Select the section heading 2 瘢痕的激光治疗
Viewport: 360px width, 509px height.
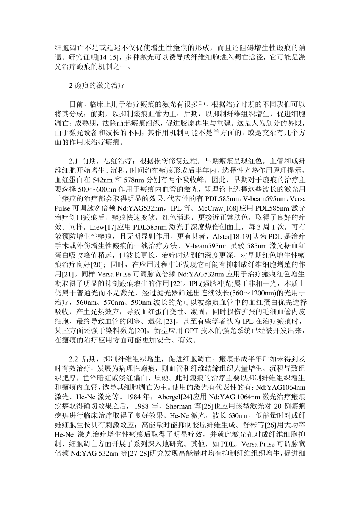94,86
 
